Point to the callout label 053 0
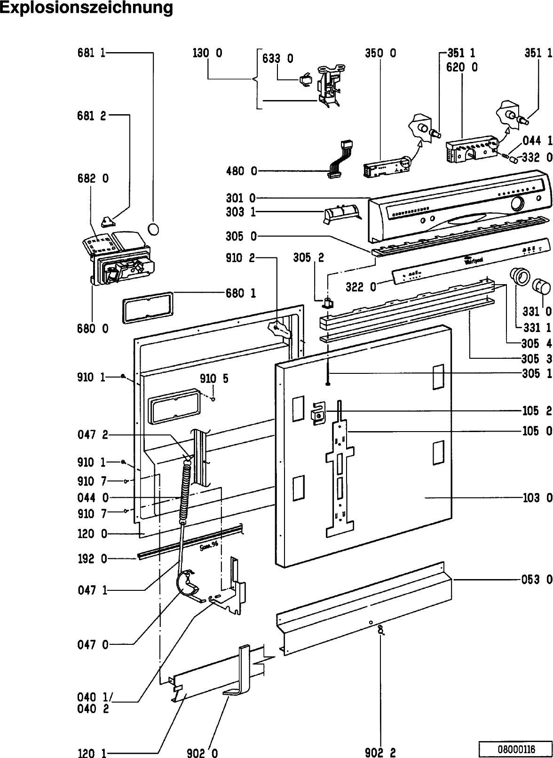[x=536, y=580]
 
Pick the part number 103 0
[x=536, y=497]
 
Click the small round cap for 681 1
[x=153, y=230]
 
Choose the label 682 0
[x=93, y=179]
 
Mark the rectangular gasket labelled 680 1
[x=146, y=308]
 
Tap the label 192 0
[x=92, y=559]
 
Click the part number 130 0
[x=207, y=54]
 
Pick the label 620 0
[x=462, y=67]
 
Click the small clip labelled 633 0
[x=305, y=79]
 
